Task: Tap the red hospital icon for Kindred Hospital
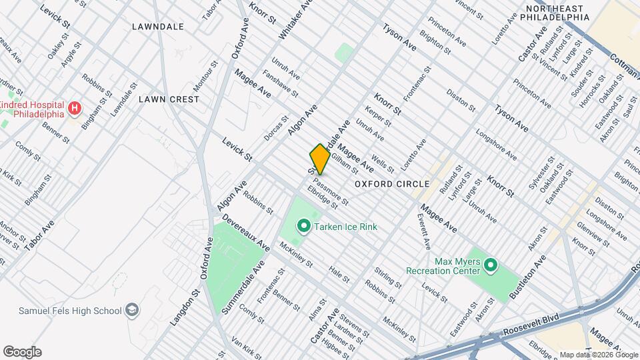(x=75, y=107)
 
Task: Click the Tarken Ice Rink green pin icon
(x=304, y=227)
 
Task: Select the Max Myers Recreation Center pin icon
(x=491, y=266)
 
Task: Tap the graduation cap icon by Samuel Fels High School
(x=133, y=311)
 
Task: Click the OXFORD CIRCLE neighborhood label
(x=391, y=183)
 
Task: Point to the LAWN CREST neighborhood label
(x=169, y=99)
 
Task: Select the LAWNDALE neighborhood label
(x=157, y=27)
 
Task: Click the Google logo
(x=22, y=352)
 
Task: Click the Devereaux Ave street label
(x=245, y=233)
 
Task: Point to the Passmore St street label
(x=331, y=191)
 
